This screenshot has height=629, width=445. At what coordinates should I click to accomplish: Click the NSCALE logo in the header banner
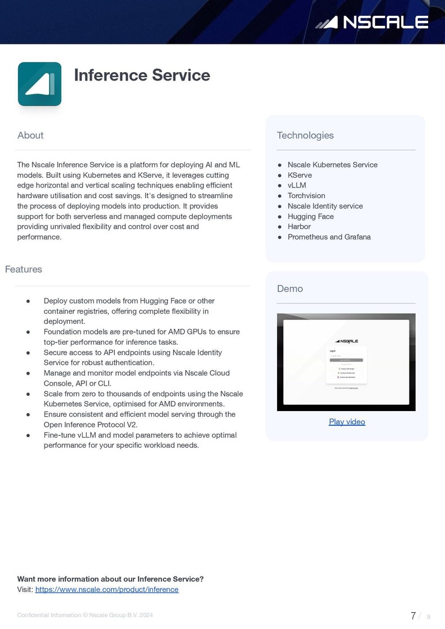coord(372,22)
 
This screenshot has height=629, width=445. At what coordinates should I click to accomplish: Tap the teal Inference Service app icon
coord(39,84)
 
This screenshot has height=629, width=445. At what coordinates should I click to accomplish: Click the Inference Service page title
coord(142,75)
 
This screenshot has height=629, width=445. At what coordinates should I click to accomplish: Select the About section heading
coord(30,135)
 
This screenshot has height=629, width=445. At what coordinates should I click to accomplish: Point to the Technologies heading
coord(305,135)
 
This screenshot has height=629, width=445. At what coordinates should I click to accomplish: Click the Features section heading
coord(24,269)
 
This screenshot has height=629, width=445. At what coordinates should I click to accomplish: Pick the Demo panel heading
coord(290,288)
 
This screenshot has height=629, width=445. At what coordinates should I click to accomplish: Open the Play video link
coord(347,422)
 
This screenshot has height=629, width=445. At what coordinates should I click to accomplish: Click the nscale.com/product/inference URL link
coord(107,590)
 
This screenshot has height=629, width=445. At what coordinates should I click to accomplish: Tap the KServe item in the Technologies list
coord(300,175)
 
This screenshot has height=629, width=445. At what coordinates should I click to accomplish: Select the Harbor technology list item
coord(299,226)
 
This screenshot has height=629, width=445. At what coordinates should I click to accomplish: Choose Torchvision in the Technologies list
coord(306,196)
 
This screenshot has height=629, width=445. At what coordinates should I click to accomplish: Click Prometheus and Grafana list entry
coord(329,237)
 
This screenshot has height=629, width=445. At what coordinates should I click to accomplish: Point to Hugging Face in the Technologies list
coord(310,216)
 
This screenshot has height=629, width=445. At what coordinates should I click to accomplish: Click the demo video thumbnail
coord(346,362)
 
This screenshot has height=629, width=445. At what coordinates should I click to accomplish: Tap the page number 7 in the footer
coord(413,615)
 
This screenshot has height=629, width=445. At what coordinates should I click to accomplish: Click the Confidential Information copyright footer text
coord(85,615)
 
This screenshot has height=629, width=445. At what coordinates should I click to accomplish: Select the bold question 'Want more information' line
coord(110,579)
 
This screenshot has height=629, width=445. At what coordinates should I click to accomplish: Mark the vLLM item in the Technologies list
coord(297,185)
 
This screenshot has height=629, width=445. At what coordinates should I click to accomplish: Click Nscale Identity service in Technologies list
coord(325,206)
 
